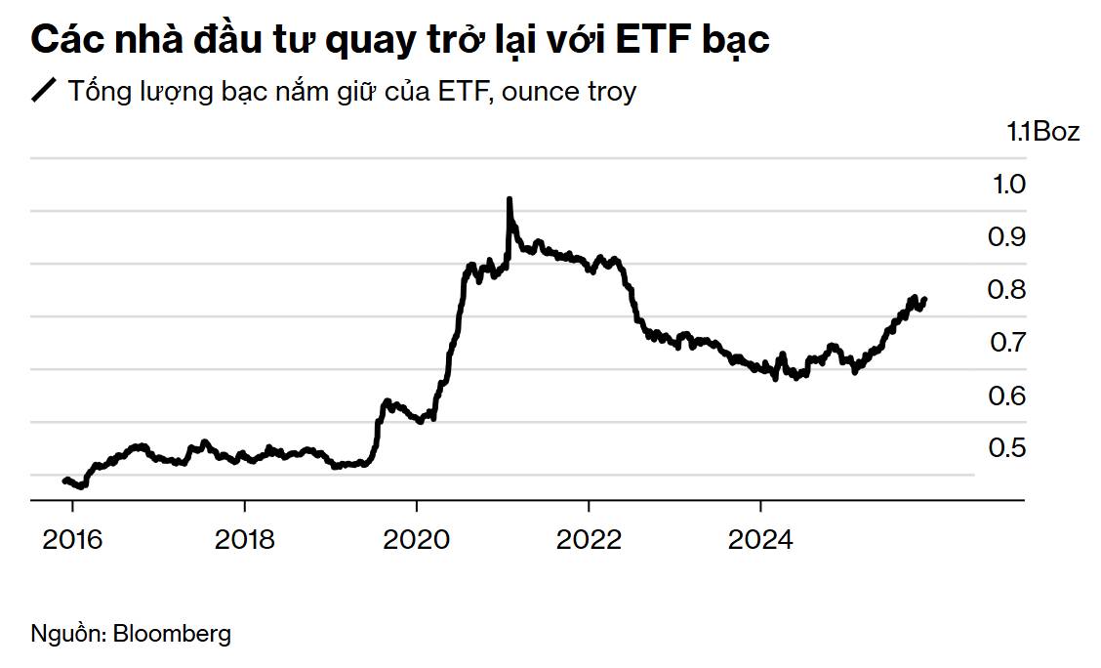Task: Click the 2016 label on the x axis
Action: (72, 538)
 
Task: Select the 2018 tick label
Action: (244, 538)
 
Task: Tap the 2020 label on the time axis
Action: (417, 538)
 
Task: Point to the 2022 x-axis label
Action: (589, 538)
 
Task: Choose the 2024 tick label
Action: (760, 538)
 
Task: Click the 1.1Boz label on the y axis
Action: (1043, 132)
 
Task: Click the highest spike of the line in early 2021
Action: (509, 200)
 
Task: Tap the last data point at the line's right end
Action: (923, 300)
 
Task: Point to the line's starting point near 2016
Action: (64, 480)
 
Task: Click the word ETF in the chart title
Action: (643, 40)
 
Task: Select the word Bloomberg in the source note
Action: (172, 633)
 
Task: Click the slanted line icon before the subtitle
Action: (45, 92)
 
